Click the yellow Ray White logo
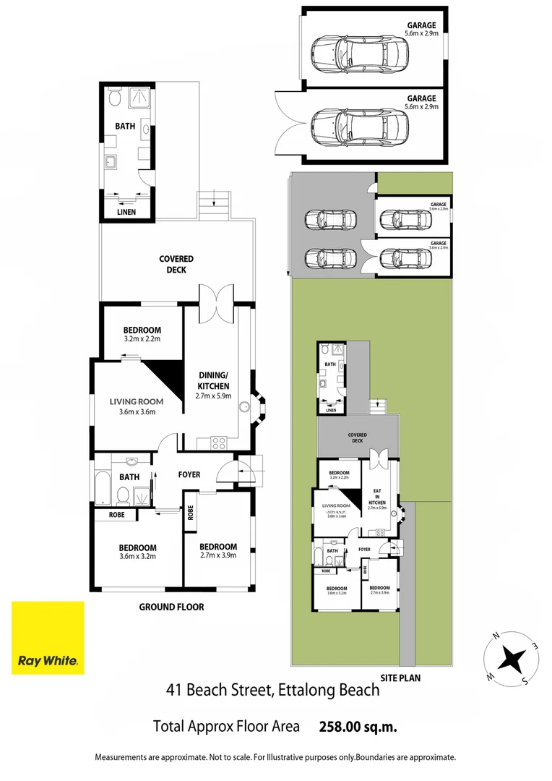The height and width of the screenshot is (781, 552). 48,638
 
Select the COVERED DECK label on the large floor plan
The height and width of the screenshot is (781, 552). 176,264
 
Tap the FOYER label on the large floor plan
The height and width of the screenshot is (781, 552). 189,474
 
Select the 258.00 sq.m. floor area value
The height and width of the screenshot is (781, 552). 358,726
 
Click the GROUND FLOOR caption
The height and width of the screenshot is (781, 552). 171,607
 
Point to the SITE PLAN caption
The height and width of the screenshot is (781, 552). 400,678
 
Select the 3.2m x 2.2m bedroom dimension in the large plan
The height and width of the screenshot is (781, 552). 142,338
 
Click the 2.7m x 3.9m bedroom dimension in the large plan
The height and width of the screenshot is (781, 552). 218,555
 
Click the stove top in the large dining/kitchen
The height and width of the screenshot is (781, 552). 219,441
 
